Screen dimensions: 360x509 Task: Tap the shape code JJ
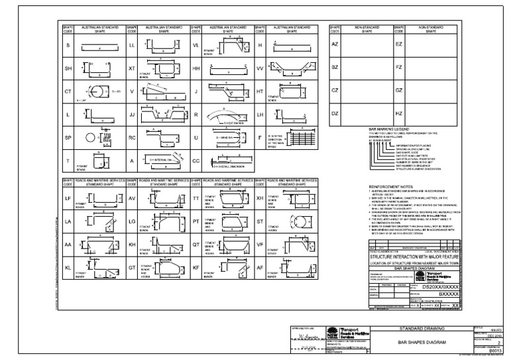(x=132, y=114)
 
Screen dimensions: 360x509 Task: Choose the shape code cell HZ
(x=399, y=113)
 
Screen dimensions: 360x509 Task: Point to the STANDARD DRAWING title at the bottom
(x=422, y=328)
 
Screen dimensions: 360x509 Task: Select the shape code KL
(x=68, y=267)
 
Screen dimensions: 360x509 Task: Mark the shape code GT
(x=132, y=267)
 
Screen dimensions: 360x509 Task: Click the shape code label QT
(x=196, y=244)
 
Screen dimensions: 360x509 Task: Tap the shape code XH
(x=260, y=198)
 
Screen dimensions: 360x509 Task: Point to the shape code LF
(x=68, y=198)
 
